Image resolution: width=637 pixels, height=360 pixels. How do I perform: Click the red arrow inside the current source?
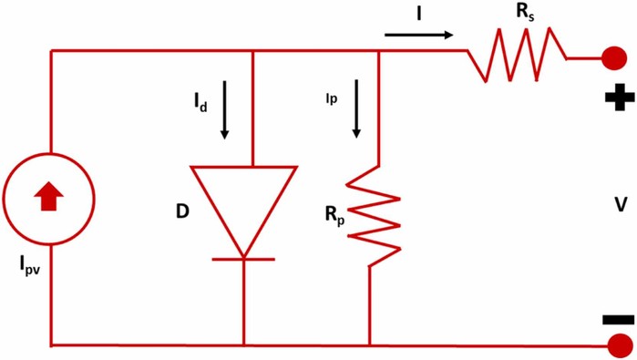click(48, 196)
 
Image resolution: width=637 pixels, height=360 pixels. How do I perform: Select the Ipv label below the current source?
click(30, 266)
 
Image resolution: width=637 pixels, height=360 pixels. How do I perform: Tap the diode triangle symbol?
click(243, 211)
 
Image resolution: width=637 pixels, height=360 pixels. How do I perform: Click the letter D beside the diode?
click(183, 211)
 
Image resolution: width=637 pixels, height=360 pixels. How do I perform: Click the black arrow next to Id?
click(224, 109)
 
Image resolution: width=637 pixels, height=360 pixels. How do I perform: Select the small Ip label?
click(332, 98)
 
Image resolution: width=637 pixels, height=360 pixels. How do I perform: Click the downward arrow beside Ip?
click(356, 108)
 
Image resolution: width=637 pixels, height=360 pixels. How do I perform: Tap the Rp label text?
click(334, 216)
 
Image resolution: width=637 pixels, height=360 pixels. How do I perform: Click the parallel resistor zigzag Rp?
click(374, 217)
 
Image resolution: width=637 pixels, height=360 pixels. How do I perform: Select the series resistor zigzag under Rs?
click(517, 55)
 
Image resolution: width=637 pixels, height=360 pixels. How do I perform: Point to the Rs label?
click(525, 13)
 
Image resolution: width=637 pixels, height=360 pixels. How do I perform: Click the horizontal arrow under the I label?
click(419, 35)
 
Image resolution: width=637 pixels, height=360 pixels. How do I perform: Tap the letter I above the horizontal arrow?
click(418, 14)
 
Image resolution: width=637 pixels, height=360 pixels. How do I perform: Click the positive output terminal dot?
click(614, 58)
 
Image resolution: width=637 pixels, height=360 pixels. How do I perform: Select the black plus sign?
click(620, 98)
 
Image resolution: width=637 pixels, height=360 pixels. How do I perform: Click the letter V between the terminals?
click(621, 204)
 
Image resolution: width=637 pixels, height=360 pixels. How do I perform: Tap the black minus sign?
click(618, 320)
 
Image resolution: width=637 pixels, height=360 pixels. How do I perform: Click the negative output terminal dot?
click(620, 345)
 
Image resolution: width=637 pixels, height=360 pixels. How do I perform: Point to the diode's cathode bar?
click(243, 259)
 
